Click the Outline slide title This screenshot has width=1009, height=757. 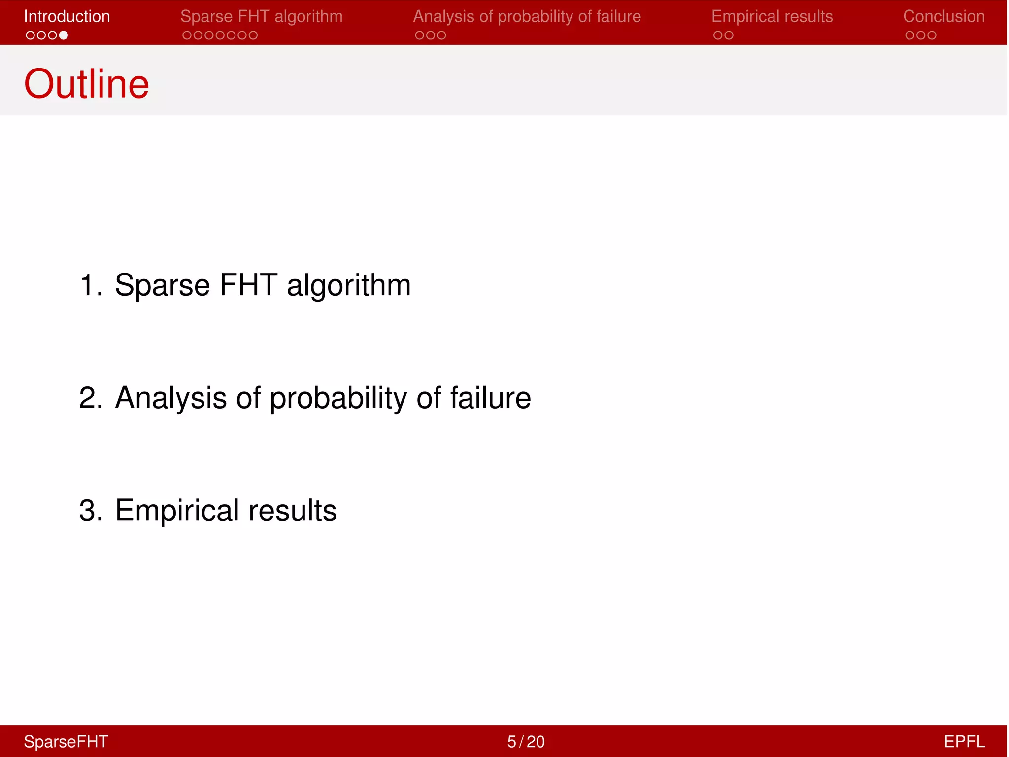86,84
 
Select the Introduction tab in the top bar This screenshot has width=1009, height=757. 67,16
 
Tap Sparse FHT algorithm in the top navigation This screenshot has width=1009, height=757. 261,16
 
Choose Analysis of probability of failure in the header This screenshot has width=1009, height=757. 527,16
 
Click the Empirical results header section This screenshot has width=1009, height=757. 772,16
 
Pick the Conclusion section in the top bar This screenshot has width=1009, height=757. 943,16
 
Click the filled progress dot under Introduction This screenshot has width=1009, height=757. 64,35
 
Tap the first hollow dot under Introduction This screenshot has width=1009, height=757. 31,35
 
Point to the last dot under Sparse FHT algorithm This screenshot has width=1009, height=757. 253,35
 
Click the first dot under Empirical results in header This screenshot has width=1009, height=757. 718,35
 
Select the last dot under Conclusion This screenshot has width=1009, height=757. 932,35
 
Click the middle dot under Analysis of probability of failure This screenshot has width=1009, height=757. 431,35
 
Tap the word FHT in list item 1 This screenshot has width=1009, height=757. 248,285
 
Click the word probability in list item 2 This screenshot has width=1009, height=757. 338,398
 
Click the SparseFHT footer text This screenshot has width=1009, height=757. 66,742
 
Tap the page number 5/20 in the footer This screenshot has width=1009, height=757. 526,742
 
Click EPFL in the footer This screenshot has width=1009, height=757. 964,742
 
